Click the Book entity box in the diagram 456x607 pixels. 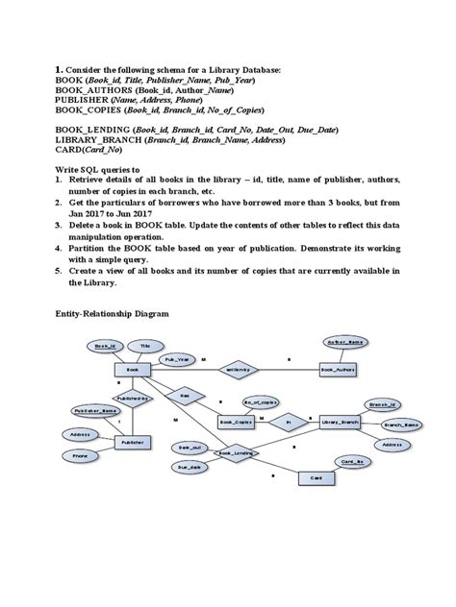point(134,368)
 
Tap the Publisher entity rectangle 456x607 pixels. point(134,443)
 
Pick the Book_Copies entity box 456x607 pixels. point(237,421)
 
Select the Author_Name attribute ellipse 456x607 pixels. point(347,342)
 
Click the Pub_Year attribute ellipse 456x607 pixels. point(175,359)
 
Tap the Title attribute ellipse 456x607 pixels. point(145,344)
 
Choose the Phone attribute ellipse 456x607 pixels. point(80,456)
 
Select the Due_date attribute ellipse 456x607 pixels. point(190,466)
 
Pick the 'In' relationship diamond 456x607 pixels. point(286,421)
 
